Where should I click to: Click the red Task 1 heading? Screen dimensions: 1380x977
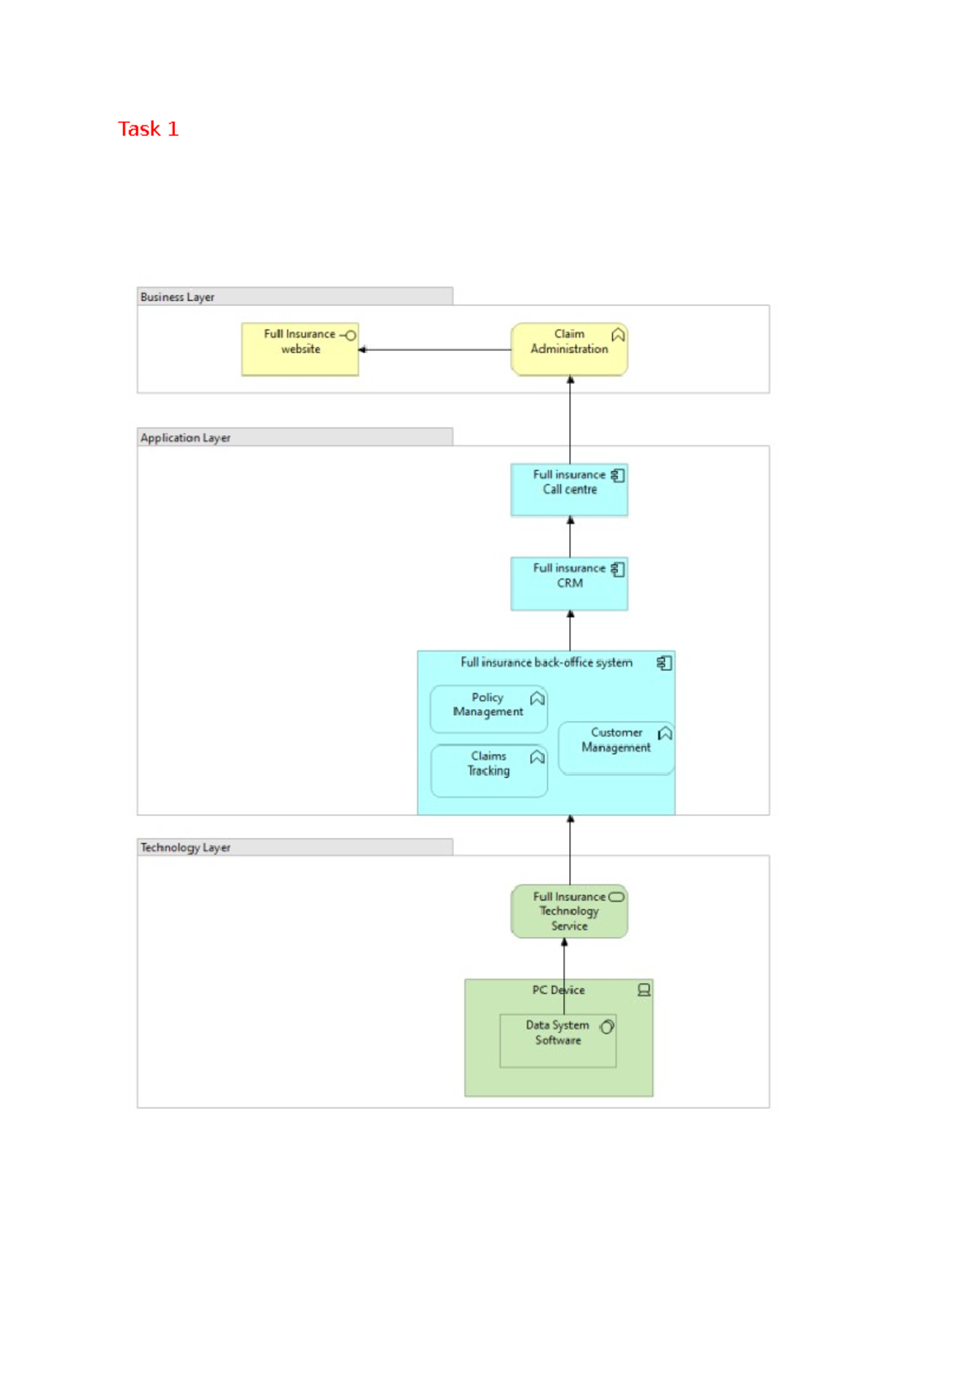[148, 129]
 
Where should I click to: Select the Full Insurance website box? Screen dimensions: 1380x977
[300, 350]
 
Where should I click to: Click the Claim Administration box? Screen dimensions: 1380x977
[569, 350]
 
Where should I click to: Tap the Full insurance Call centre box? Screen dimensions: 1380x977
[569, 490]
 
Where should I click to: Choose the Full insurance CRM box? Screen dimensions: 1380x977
[569, 583]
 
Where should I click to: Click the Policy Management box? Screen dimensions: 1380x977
[488, 709]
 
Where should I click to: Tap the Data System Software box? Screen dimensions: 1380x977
[558, 1042]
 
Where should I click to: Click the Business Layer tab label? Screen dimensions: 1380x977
[177, 297]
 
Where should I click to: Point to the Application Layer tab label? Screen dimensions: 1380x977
[186, 438]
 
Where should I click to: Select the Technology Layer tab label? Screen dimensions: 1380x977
[186, 847]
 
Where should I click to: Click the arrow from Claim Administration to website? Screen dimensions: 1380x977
[435, 350]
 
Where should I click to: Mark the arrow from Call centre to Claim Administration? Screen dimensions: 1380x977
[570, 420]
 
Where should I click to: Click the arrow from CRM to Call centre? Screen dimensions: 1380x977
[570, 537]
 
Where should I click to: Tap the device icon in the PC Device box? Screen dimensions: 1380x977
[644, 990]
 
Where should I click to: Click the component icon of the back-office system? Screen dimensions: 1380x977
[664, 663]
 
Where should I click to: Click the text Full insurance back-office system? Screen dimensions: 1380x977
[546, 662]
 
